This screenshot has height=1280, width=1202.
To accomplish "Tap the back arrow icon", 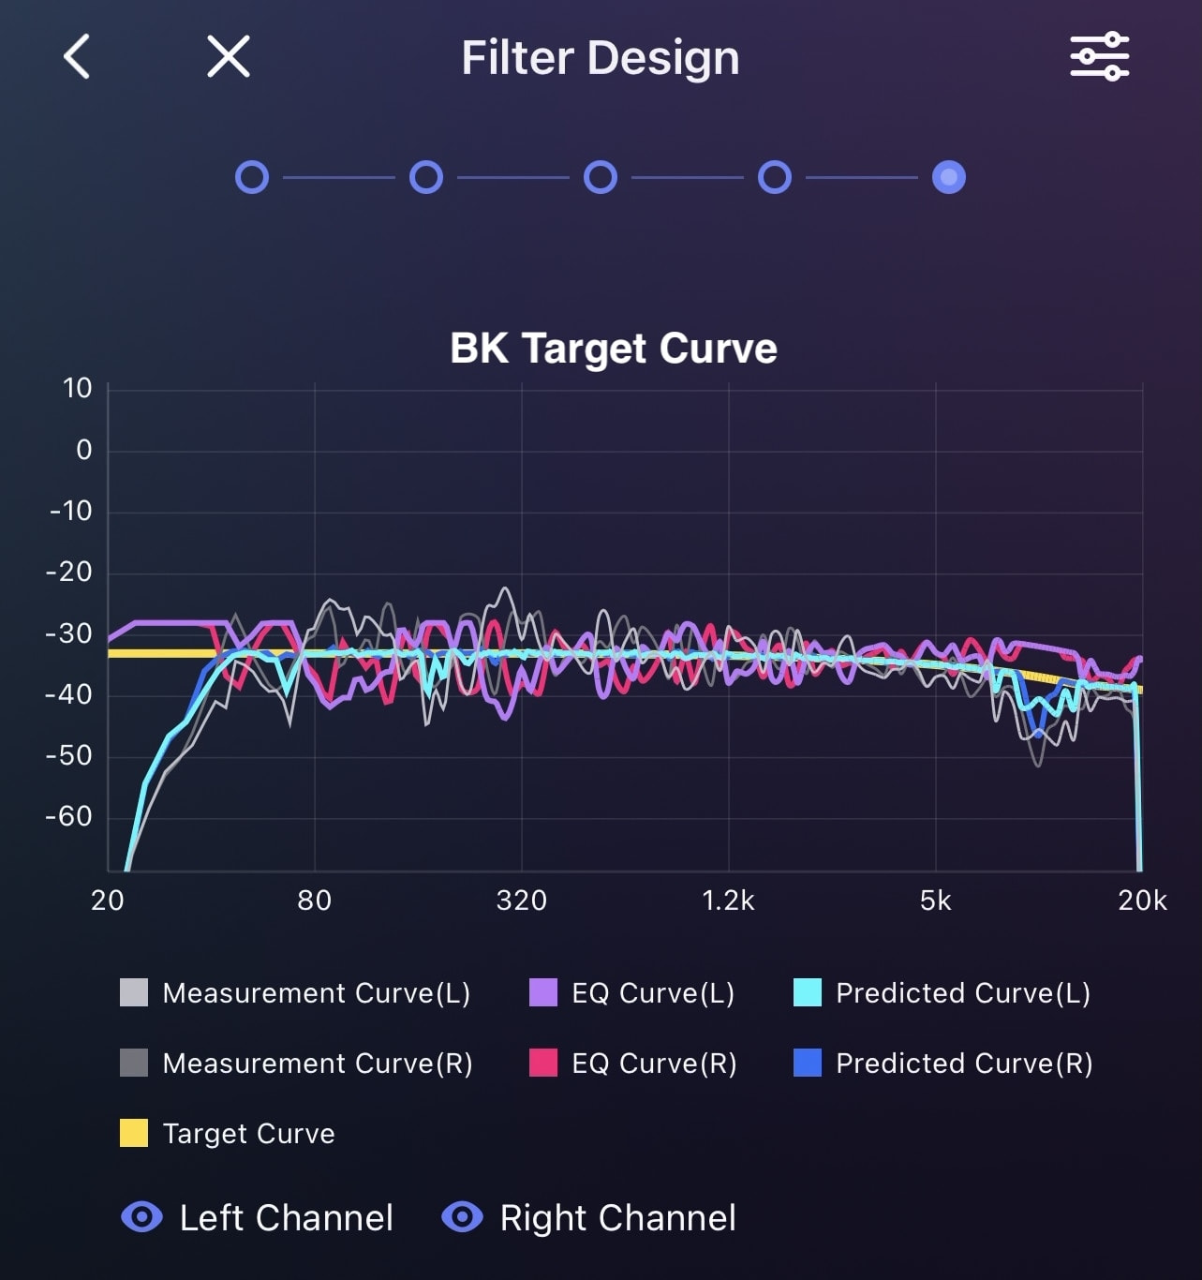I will tap(77, 57).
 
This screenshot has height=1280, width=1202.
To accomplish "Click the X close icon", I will tap(228, 57).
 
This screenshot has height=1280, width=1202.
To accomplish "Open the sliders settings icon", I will tap(1099, 57).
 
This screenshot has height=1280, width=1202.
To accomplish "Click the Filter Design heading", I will tap(600, 58).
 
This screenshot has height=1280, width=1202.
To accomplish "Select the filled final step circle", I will tap(948, 177).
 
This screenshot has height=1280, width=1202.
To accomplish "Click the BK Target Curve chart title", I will tap(614, 349).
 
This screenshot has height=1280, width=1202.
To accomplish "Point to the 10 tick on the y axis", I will tap(77, 389).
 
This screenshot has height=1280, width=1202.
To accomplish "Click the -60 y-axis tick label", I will tap(69, 817).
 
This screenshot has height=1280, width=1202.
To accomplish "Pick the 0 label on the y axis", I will tap(84, 451).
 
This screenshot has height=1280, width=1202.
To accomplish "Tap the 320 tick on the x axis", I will tap(521, 901).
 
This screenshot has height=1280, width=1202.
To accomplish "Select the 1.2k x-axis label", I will tap(728, 901).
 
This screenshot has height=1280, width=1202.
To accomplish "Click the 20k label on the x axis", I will tap(1142, 901).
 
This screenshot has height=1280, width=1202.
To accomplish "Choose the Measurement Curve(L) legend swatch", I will tap(134, 992).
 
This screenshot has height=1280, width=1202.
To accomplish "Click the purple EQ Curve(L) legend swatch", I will tap(543, 992).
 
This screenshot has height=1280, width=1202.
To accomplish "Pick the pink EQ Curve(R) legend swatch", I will tap(543, 1063).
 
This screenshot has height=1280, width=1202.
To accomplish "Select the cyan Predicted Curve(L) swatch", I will tap(808, 992).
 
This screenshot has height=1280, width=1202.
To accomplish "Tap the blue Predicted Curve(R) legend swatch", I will tap(808, 1063).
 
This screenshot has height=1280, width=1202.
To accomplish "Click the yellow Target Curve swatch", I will tap(134, 1133).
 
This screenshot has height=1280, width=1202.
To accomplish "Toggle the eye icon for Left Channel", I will tap(141, 1217).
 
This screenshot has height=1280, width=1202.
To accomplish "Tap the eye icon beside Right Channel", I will tap(462, 1217).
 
